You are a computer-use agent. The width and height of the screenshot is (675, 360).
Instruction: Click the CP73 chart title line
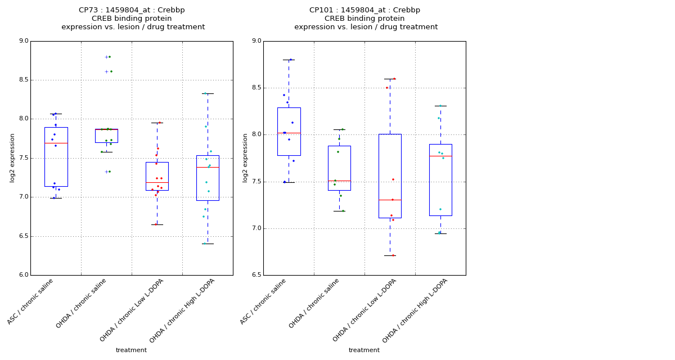[132, 10]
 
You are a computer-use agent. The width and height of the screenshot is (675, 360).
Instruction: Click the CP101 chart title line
[364, 10]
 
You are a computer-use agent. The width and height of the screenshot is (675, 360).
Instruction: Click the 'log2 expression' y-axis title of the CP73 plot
[12, 157]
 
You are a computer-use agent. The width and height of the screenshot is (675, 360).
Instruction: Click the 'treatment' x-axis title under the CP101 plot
[364, 350]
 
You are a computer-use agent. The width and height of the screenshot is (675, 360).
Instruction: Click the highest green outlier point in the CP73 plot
[110, 57]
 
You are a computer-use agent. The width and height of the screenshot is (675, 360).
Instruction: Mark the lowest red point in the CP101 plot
[393, 255]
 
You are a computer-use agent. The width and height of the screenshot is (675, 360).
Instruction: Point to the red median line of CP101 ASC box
[289, 133]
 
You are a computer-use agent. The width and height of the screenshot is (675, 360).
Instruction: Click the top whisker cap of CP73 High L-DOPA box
[208, 93]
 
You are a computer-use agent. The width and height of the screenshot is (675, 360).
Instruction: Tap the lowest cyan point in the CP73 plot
[205, 244]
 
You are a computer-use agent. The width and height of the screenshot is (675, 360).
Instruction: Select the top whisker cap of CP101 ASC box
[289, 60]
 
